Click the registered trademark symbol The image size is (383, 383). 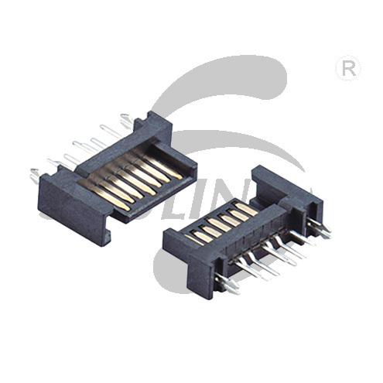pyautogui.click(x=348, y=69)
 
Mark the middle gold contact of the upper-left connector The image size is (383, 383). pyautogui.click(x=132, y=175)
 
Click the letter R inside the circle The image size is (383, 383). pyautogui.click(x=348, y=69)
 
